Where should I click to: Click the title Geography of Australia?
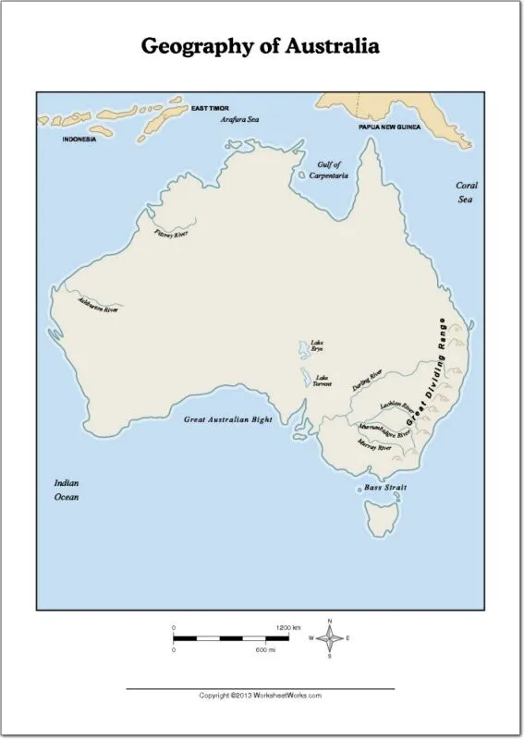(x=260, y=46)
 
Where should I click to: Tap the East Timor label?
(x=210, y=109)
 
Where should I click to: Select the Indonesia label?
(x=79, y=139)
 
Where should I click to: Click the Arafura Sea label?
(x=238, y=120)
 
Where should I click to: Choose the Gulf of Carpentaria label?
(x=328, y=169)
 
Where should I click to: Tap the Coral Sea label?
(x=467, y=191)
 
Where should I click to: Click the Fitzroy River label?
(x=170, y=234)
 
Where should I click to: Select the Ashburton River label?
(x=98, y=306)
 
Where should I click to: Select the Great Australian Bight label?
(x=228, y=419)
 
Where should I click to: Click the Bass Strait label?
(x=384, y=487)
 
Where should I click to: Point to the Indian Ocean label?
(x=66, y=490)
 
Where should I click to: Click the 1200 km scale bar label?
(x=289, y=627)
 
